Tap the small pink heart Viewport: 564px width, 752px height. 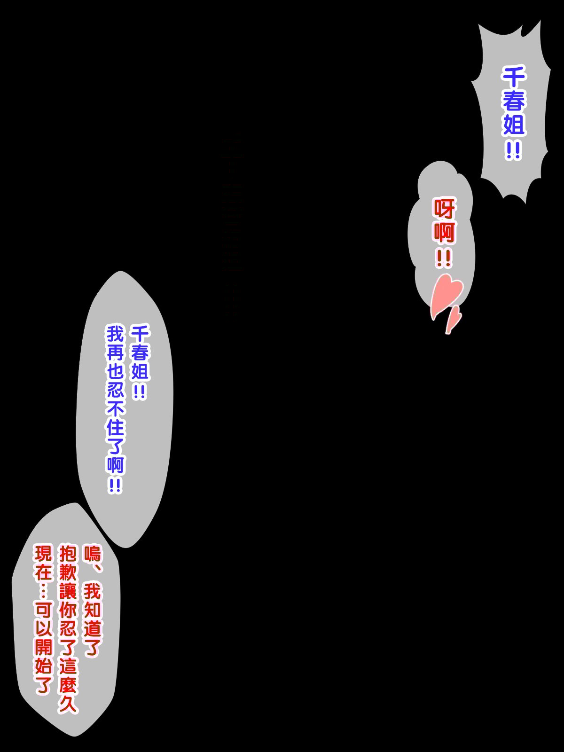453,320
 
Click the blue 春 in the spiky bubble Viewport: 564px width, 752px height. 513,101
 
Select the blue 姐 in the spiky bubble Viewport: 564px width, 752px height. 513,125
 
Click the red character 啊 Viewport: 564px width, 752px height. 444,232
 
